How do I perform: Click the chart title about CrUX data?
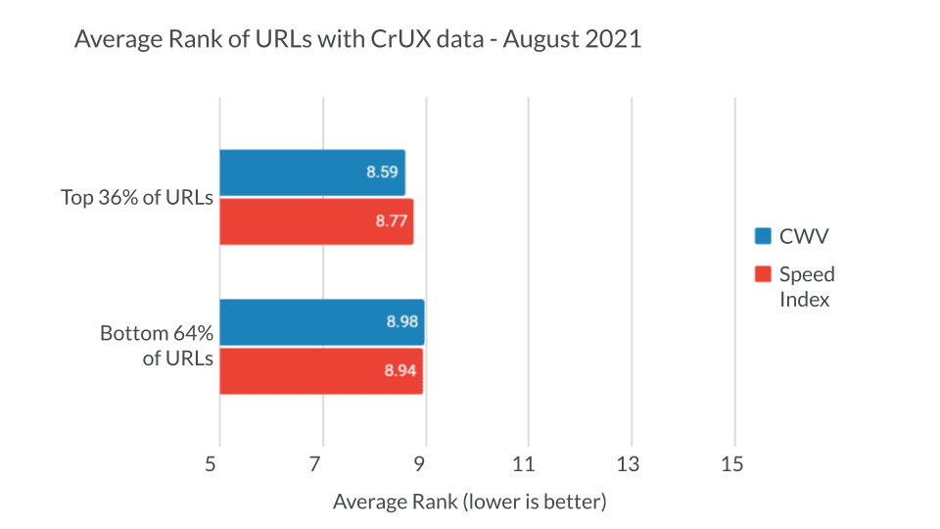358,41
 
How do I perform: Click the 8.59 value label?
382,172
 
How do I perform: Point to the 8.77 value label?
391,221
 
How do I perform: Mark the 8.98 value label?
401,322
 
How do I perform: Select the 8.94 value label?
400,370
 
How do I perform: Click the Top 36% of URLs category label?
137,197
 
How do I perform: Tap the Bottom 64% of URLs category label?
157,346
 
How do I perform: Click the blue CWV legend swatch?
764,235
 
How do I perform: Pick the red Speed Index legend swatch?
764,274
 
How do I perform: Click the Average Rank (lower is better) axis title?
470,502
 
